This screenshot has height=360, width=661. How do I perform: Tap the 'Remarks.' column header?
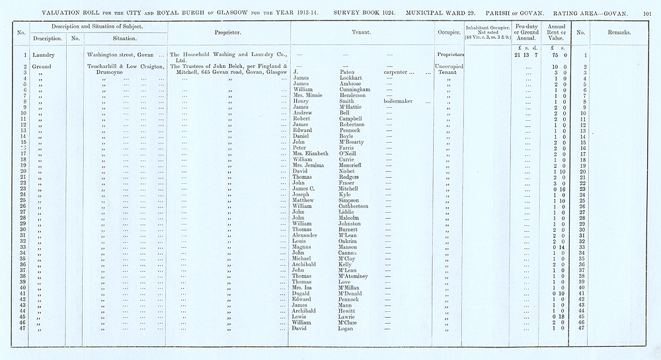coord(618,32)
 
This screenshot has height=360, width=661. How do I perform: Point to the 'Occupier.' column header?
coord(449,32)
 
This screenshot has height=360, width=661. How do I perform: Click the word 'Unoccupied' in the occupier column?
coord(449,67)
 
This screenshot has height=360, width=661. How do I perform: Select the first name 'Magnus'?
coord(303,246)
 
